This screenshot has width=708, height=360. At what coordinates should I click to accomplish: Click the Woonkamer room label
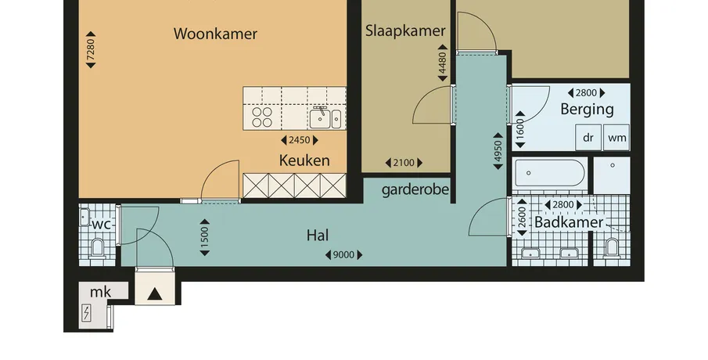215,34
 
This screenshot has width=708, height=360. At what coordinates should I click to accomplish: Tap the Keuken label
304,160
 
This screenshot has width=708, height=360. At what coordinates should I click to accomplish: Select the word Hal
318,236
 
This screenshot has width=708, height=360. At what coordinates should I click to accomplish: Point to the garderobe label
415,189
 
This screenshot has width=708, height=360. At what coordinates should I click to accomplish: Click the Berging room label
587,110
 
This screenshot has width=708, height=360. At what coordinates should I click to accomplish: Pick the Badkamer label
569,222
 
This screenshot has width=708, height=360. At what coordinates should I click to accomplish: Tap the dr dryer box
588,137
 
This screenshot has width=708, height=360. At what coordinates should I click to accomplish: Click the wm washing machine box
616,137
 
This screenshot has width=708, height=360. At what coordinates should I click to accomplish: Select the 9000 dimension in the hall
343,255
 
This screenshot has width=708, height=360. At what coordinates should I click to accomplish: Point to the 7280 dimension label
91,49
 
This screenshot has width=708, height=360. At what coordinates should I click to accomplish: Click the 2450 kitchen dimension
300,140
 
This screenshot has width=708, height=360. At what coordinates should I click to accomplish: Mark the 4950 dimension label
498,151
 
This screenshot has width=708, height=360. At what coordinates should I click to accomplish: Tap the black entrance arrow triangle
155,294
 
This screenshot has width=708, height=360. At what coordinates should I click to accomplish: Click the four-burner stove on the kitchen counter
262,117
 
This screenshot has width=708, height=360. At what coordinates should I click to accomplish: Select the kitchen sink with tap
325,118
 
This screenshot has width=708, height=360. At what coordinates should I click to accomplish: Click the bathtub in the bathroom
550,173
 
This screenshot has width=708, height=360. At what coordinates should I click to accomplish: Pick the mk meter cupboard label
100,292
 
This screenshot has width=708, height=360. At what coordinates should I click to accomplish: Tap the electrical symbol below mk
86,313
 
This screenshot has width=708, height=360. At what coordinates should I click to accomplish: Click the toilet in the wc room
98,247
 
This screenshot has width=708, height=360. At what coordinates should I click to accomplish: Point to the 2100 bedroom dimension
404,163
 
